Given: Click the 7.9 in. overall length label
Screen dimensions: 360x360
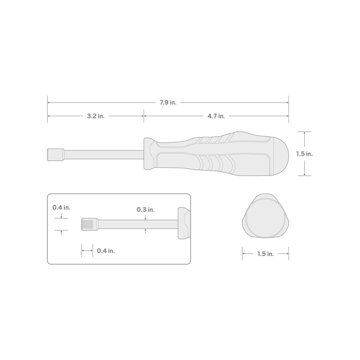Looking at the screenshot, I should click(167, 103).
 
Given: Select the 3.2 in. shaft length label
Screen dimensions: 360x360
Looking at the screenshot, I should click(95, 116).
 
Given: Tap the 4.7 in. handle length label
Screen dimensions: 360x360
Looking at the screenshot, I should click(216, 116).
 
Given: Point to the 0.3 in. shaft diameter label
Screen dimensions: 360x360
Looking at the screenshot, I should click(145, 210).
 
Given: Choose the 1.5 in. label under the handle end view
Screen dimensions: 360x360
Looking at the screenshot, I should click(265, 254).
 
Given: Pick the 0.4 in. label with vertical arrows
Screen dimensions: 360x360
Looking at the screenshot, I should click(61, 207).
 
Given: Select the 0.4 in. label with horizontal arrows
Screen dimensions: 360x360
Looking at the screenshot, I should click(106, 251).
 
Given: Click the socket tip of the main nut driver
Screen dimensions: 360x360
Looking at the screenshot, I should click(54, 154).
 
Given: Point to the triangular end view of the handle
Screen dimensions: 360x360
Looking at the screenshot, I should click(265, 217).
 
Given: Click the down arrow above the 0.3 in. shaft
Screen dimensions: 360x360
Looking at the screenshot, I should click(145, 218).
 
